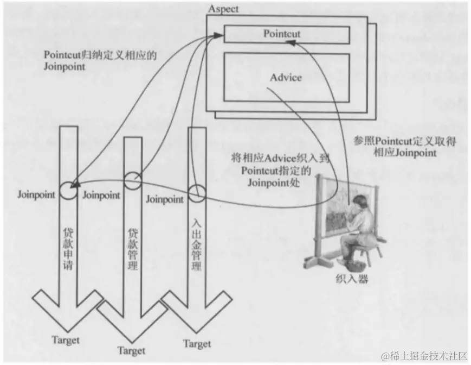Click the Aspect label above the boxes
click(223, 9)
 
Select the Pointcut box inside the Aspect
click(286, 34)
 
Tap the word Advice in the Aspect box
click(286, 77)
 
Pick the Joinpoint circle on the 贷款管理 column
click(133, 181)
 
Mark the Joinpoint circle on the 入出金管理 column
click(197, 193)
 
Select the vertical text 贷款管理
click(133, 249)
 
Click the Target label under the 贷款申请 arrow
click(66, 341)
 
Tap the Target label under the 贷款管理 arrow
click(132, 351)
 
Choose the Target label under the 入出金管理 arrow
click(197, 344)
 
